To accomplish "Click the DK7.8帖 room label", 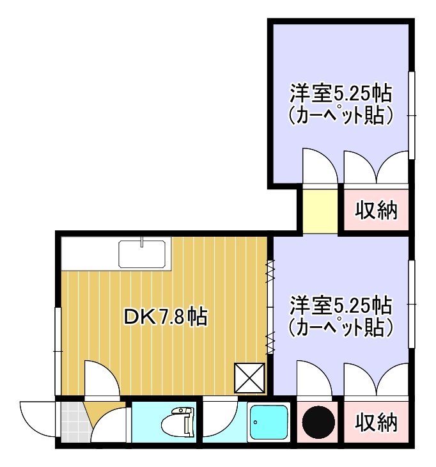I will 164,317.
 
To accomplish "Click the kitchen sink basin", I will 143,254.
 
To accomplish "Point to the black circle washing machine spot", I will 318,423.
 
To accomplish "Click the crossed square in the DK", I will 249,377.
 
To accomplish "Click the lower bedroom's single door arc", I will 315,379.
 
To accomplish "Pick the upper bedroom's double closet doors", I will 376,168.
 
